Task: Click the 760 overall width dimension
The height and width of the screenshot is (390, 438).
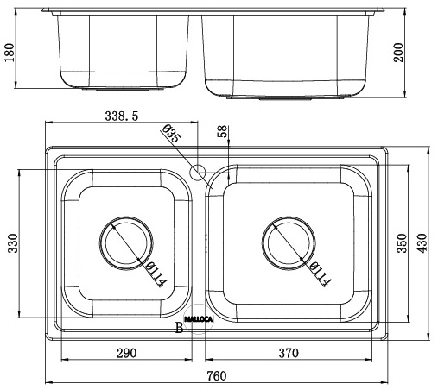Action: pyautogui.click(x=217, y=375)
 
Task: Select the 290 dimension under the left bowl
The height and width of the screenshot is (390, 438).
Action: pyautogui.click(x=124, y=352)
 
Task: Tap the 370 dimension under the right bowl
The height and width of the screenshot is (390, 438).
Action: pyautogui.click(x=289, y=352)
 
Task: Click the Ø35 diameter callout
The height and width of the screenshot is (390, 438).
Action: pyautogui.click(x=170, y=135)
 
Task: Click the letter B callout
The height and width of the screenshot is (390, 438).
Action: pyautogui.click(x=179, y=327)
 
